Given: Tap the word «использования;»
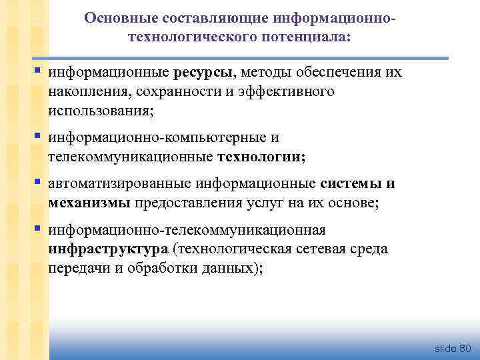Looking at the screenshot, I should pyautogui.click(x=101, y=109).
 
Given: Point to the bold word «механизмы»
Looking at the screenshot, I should pyautogui.click(x=89, y=203).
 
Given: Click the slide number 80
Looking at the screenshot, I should pyautogui.click(x=465, y=349).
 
